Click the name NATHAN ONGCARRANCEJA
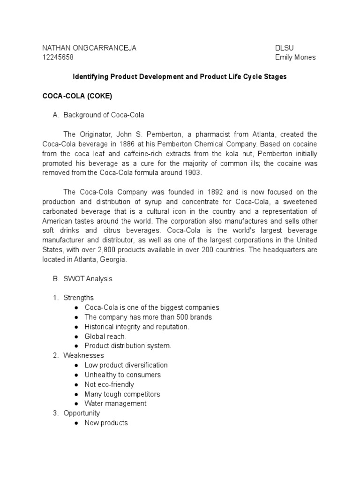point(90,48)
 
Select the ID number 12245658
point(58,57)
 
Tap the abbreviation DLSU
point(285,48)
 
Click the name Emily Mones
point(295,57)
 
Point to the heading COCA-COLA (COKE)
point(77,96)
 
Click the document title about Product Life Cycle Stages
point(180,76)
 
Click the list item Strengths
point(79,298)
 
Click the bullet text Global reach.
point(105,336)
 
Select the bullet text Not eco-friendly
point(109,384)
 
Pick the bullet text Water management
point(115,404)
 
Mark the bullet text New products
point(106,423)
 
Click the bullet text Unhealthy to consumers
point(122,375)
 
